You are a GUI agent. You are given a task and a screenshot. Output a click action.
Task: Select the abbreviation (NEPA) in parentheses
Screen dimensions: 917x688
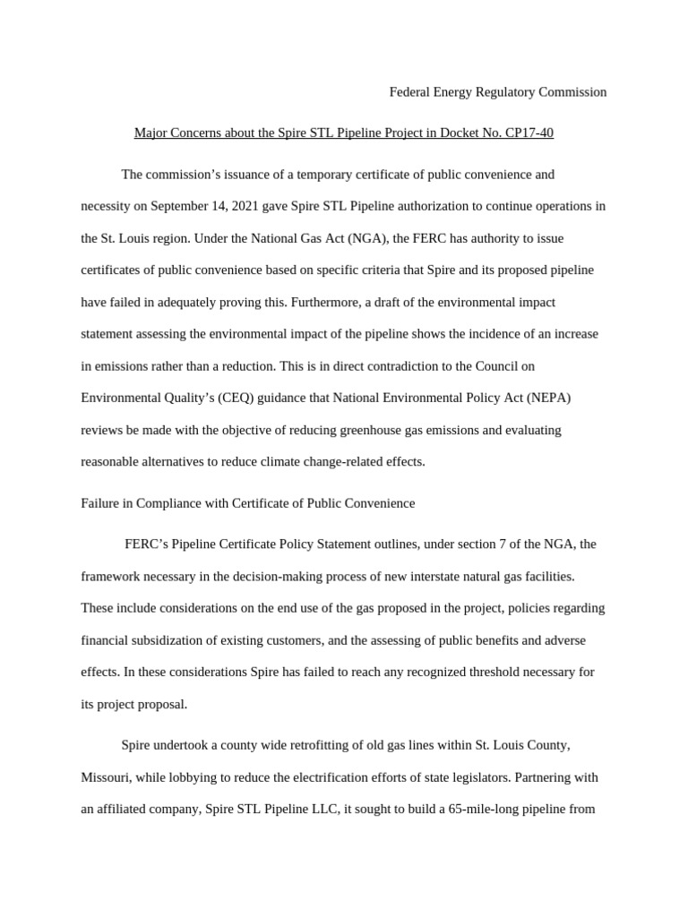point(540,399)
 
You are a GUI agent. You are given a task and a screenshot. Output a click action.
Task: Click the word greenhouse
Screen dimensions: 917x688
point(371,431)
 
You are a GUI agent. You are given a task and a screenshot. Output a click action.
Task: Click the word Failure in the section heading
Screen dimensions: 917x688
point(99,503)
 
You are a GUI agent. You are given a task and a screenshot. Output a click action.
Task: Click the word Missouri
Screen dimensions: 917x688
point(106,777)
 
